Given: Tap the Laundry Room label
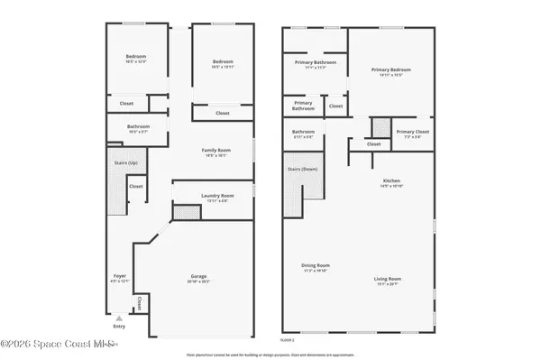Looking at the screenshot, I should click(x=216, y=195).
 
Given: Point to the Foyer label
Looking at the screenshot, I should click(x=120, y=275).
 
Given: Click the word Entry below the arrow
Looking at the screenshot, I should click(x=119, y=326).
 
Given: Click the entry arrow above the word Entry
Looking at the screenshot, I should click(x=119, y=317).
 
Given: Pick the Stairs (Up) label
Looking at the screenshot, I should click(x=125, y=162).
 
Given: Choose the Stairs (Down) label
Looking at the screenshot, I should click(x=303, y=169).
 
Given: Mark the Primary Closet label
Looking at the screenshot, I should click(x=411, y=132).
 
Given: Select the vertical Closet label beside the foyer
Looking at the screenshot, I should click(x=140, y=302).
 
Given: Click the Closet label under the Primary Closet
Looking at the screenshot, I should click(x=373, y=143).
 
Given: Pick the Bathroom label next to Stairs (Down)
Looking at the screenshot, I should click(x=303, y=132).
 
